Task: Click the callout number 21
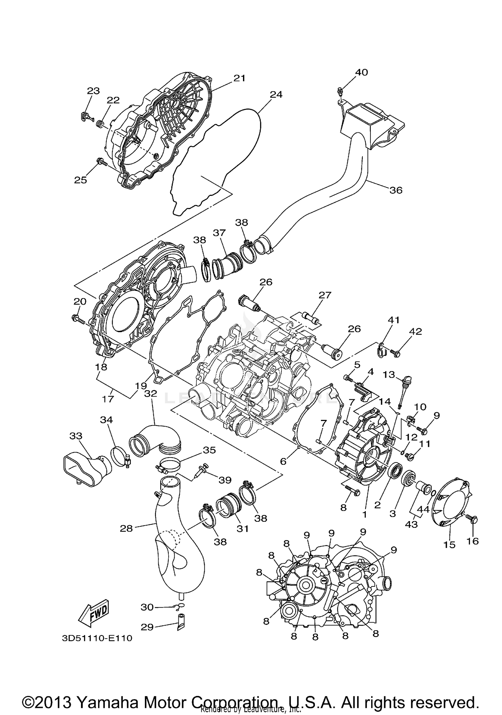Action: click(239, 78)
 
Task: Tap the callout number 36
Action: click(396, 190)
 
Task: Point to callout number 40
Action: click(361, 72)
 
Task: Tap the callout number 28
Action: click(126, 528)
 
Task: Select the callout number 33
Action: click(76, 436)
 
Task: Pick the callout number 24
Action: click(276, 95)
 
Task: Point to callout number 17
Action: click(108, 399)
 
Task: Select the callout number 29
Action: click(147, 627)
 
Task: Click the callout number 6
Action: click(283, 461)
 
